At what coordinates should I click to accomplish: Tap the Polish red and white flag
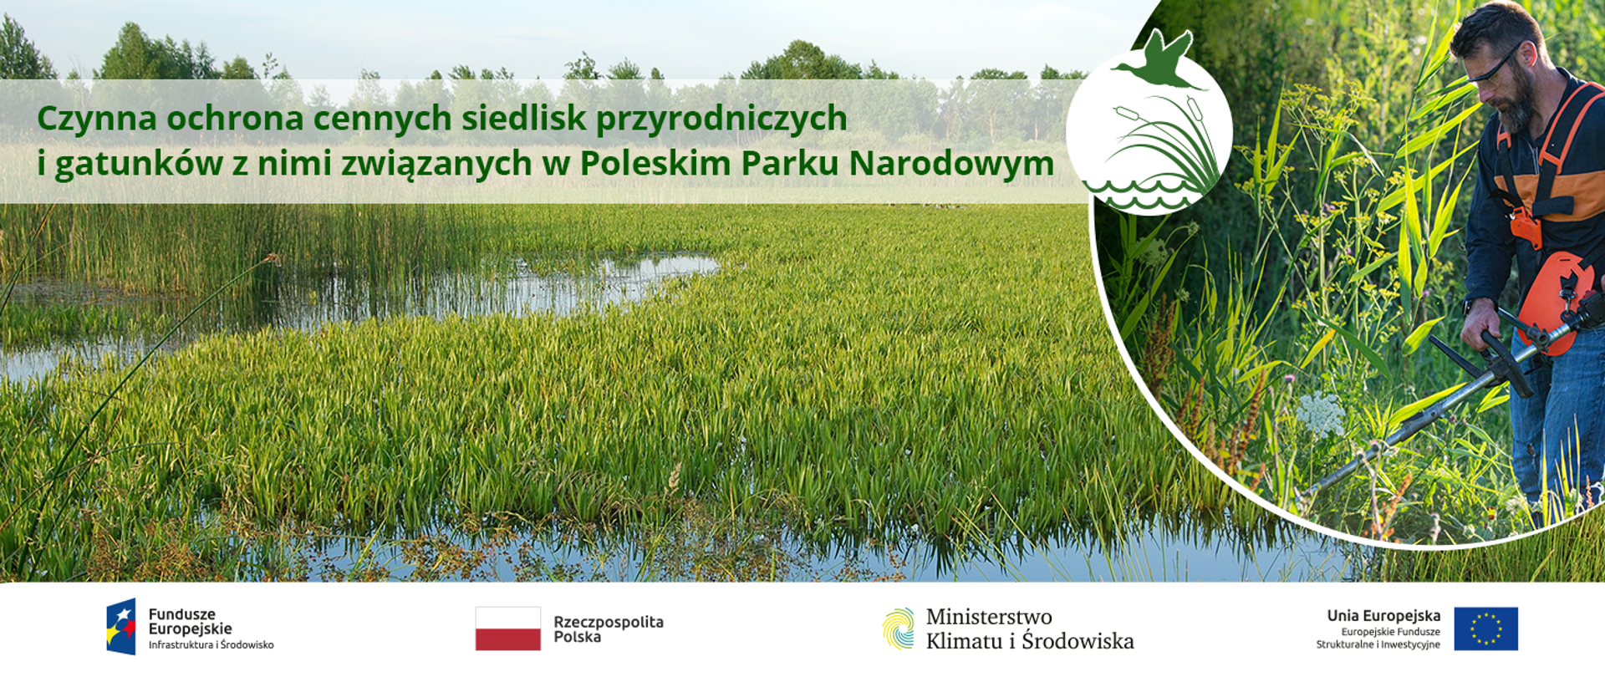coord(507,629)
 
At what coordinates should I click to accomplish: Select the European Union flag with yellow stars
coord(1485,629)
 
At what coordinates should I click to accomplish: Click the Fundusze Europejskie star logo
coord(121,627)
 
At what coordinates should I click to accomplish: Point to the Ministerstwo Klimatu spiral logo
coord(899,629)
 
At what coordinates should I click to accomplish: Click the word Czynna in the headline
coord(97,119)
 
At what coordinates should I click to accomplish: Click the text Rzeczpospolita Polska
coord(608,629)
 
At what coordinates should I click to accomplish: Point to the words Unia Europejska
coord(1383,616)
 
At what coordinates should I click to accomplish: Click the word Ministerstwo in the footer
coord(988,617)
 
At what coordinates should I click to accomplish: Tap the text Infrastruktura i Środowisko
coord(211,645)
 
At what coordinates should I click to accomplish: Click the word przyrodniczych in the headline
coord(721,119)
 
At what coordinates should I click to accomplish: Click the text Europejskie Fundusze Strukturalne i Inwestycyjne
coord(1379,639)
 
